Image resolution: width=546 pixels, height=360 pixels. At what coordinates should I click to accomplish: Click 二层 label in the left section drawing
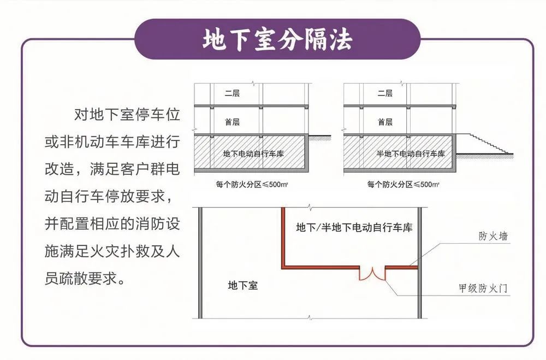(x=233, y=93)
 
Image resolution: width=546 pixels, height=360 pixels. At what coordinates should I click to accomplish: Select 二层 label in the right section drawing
(x=385, y=93)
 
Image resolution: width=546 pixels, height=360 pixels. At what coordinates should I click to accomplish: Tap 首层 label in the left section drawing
(x=233, y=122)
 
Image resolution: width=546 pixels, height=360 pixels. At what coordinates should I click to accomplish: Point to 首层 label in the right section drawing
(x=385, y=122)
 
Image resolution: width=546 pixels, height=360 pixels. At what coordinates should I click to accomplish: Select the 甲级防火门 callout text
(x=484, y=288)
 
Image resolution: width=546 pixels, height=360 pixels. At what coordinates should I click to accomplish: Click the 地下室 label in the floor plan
(x=242, y=285)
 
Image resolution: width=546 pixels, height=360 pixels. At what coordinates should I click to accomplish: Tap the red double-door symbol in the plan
(x=372, y=273)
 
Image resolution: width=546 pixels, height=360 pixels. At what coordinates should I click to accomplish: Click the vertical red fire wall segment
(x=283, y=237)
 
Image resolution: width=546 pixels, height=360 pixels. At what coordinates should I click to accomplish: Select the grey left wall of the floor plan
(x=200, y=262)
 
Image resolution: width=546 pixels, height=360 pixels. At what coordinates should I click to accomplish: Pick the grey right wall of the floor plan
(x=419, y=262)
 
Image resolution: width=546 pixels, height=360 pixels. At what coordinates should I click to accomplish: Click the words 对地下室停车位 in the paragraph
(x=127, y=115)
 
